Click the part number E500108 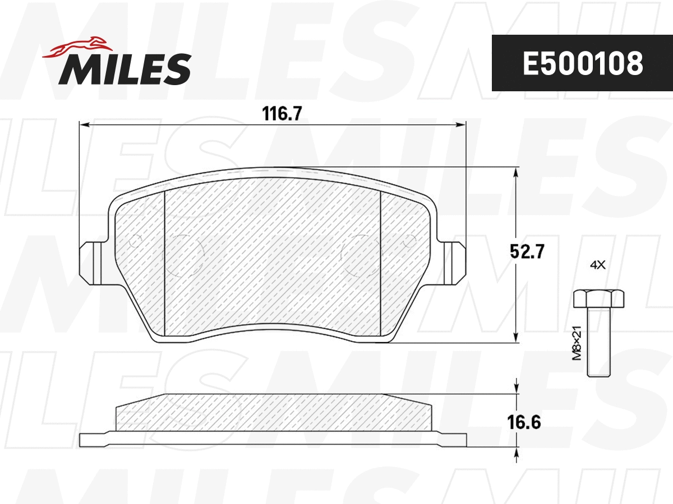point(582,64)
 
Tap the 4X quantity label point(598,265)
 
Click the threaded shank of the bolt point(598,342)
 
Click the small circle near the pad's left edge point(135,242)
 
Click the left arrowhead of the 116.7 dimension point(83,124)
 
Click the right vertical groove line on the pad point(381,263)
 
